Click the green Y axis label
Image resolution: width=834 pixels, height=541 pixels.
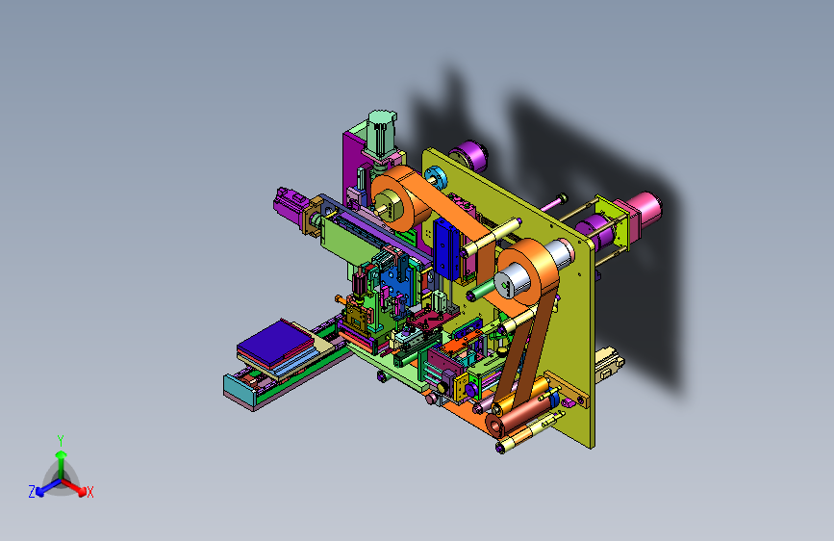click(x=61, y=441)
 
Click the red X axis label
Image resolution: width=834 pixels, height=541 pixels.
click(x=89, y=492)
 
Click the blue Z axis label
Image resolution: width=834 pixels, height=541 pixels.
click(x=32, y=492)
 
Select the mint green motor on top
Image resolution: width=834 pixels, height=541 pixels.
click(x=381, y=134)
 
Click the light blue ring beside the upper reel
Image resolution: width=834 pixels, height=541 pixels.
click(x=435, y=177)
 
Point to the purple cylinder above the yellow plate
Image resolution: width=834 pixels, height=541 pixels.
click(x=468, y=156)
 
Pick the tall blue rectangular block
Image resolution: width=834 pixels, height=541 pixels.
click(x=446, y=247)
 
